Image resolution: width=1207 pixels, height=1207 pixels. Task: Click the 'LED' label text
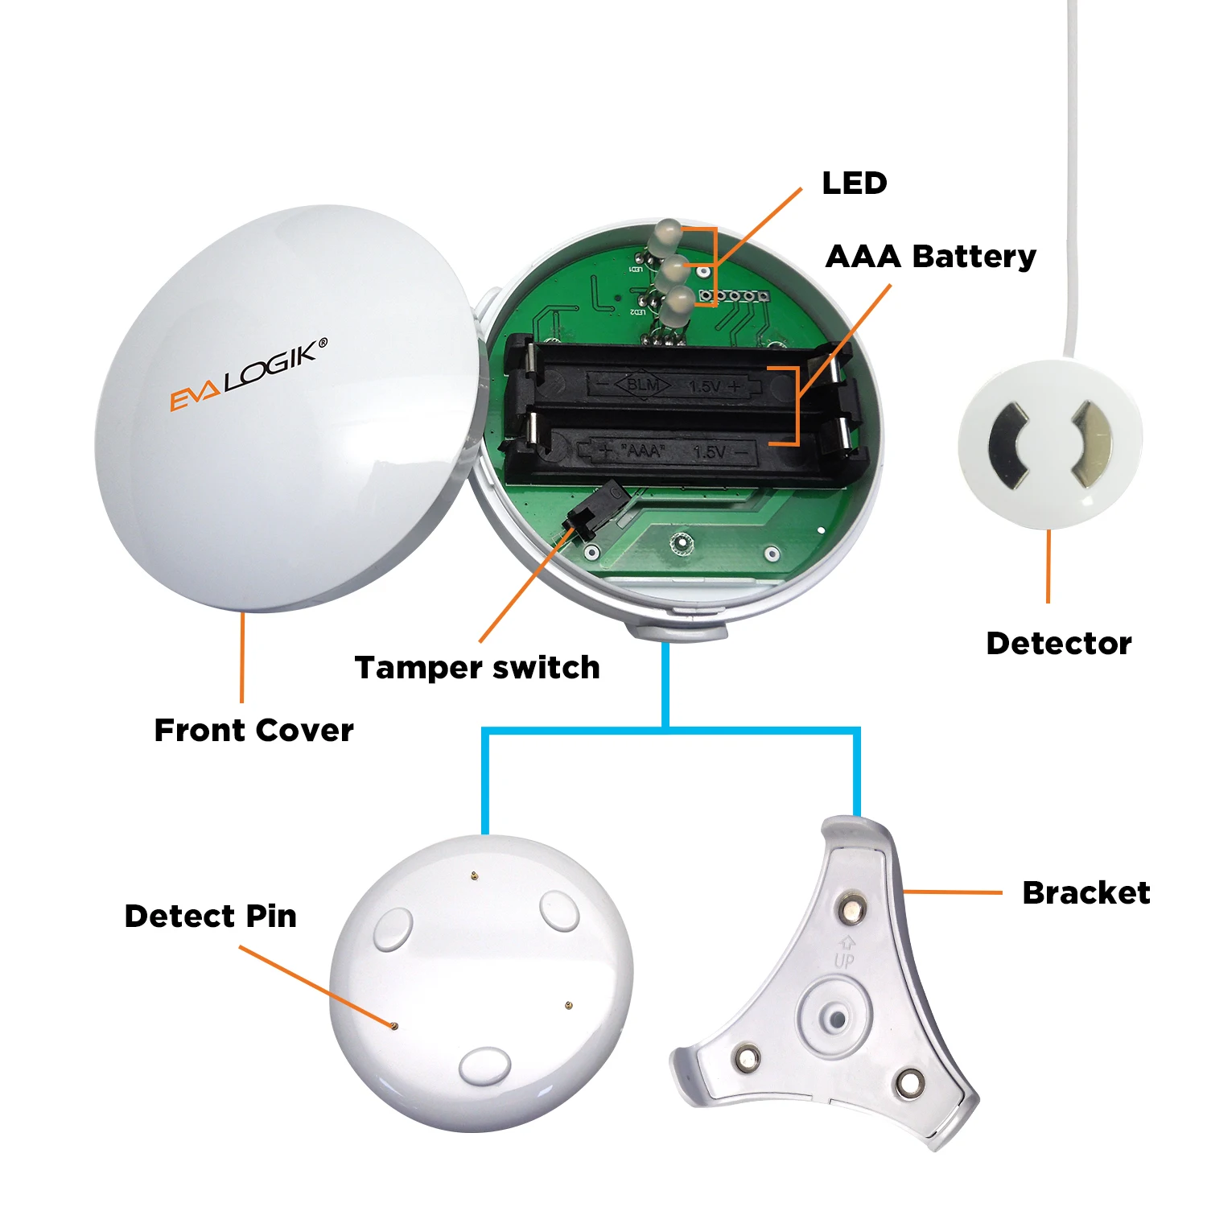pyautogui.click(x=854, y=183)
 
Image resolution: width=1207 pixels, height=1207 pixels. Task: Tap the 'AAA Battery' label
pyautogui.click(x=930, y=257)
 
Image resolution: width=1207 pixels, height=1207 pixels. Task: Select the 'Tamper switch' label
pyautogui.click(x=477, y=668)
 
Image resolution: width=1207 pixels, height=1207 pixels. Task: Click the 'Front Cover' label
pyautogui.click(x=253, y=731)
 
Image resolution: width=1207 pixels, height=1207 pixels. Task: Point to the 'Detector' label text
pyautogui.click(x=1058, y=644)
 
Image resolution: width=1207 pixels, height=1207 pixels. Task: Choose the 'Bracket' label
pyautogui.click(x=1085, y=893)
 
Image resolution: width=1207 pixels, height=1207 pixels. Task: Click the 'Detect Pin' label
pyautogui.click(x=210, y=917)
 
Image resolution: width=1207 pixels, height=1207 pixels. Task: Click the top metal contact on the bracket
pyautogui.click(x=850, y=909)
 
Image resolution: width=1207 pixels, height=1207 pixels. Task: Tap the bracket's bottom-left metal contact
pyautogui.click(x=746, y=1057)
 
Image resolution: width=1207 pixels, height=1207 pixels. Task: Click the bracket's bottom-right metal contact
pyautogui.click(x=910, y=1083)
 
